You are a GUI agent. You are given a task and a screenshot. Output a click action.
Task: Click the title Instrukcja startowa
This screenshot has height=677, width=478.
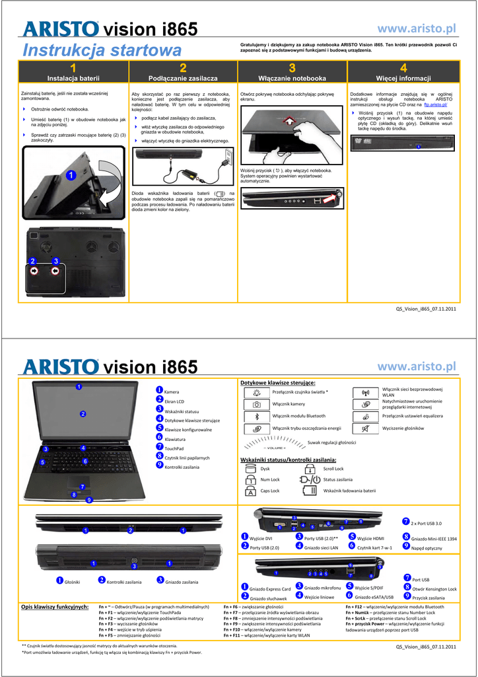pos(102,50)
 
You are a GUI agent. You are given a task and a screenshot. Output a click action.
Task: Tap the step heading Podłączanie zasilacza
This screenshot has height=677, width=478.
pos(183,78)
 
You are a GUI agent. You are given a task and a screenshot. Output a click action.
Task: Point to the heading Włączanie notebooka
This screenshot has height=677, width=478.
pos(292,78)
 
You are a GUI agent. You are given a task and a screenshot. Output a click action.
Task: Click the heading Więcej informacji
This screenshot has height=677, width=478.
pos(403,78)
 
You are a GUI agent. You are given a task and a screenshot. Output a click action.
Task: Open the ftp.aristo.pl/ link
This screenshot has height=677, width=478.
pos(436,105)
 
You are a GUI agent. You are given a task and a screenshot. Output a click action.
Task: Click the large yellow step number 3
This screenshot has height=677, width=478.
pos(292,68)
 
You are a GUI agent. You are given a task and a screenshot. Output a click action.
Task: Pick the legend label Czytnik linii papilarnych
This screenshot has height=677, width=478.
pos(187,458)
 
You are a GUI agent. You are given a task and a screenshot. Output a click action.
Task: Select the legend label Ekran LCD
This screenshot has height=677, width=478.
pos(174,401)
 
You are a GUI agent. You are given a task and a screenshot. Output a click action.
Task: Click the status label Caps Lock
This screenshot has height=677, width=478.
pos(270,491)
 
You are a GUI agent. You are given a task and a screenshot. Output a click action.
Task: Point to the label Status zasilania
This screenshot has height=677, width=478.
pos(337,479)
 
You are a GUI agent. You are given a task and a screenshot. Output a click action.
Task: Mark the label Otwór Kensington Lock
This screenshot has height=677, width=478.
pos(434,588)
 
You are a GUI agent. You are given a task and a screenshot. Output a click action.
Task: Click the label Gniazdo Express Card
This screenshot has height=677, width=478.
pos(270,588)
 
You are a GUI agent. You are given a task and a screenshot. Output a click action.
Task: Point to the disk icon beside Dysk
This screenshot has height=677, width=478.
pos(250,468)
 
